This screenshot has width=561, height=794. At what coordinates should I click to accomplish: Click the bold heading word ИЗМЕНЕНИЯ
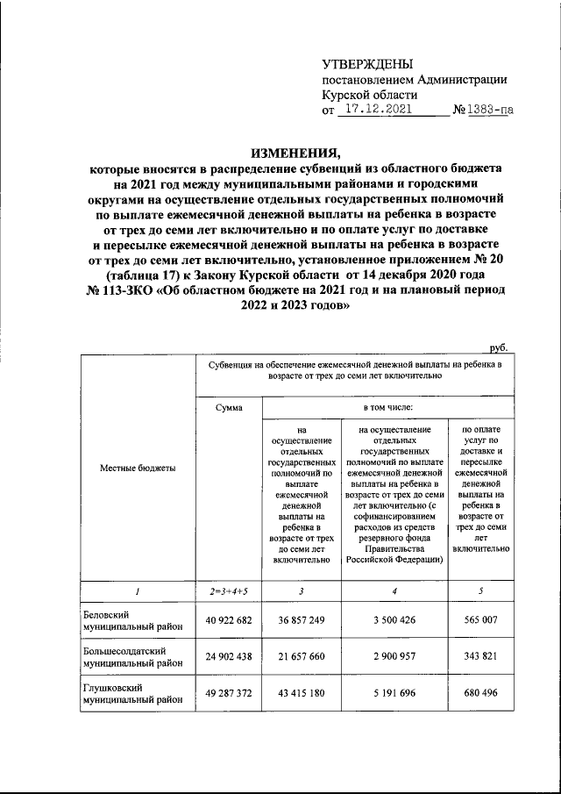tap(295, 149)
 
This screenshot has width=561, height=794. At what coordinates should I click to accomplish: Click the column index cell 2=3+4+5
tap(228, 590)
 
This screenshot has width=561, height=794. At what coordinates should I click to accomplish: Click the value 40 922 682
tap(228, 619)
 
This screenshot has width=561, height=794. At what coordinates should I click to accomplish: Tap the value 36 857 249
tap(301, 619)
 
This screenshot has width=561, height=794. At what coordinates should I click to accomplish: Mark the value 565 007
tap(479, 619)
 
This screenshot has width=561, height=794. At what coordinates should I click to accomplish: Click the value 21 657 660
tap(301, 657)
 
